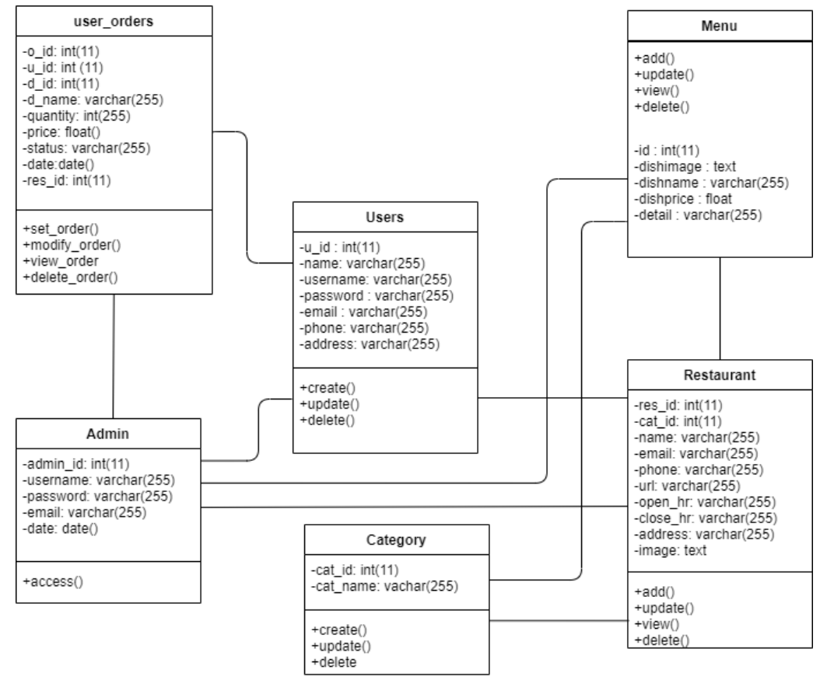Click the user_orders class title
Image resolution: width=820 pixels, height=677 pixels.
(x=114, y=21)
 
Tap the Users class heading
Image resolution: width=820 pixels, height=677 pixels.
(x=384, y=218)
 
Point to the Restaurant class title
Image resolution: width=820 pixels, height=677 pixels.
(x=720, y=375)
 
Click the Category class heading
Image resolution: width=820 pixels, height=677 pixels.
(x=397, y=539)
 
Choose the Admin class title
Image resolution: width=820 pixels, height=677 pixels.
(x=114, y=432)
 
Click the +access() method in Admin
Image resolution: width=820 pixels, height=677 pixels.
(x=54, y=581)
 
